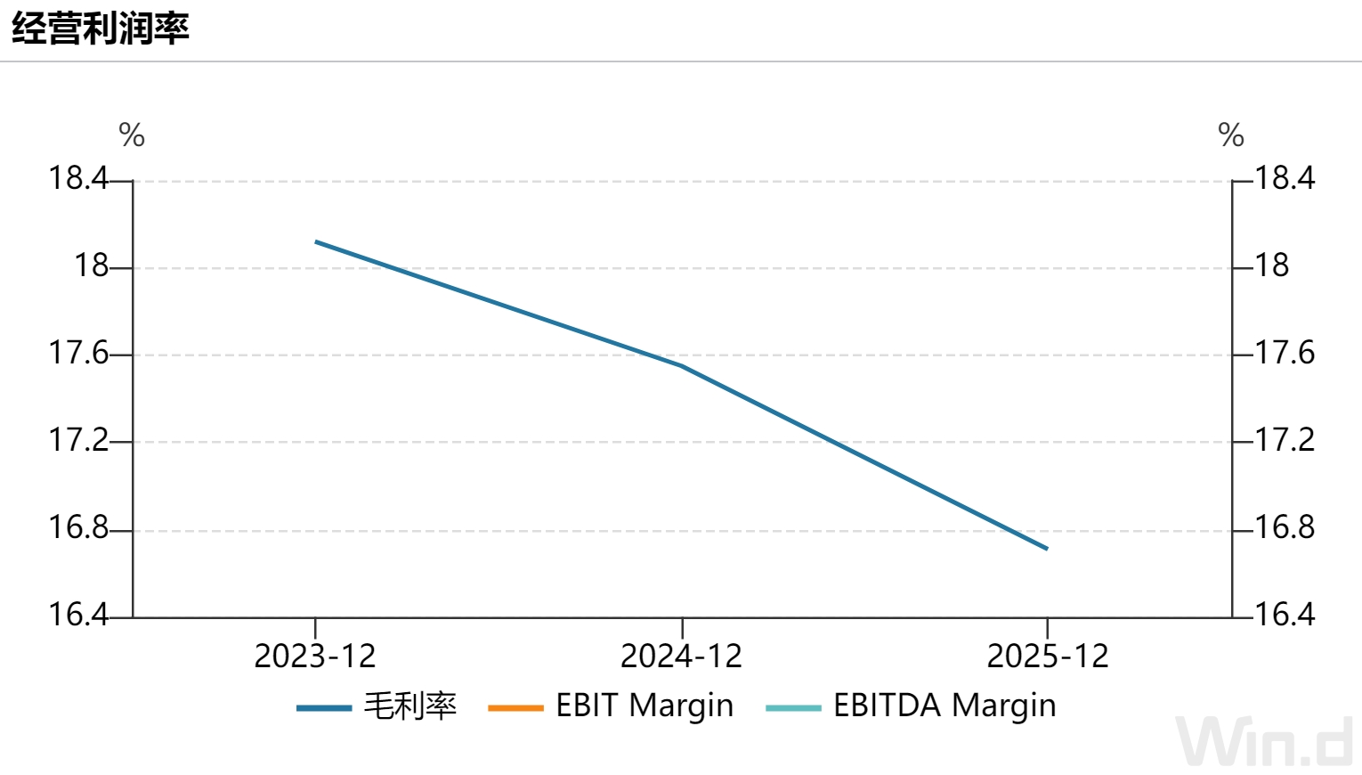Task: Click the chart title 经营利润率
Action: pos(101,28)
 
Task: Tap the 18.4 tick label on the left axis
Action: pos(77,178)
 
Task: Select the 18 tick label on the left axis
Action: pos(91,265)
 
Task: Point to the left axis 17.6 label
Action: pos(77,353)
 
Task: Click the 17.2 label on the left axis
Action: pos(77,440)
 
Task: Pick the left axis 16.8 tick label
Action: pos(77,527)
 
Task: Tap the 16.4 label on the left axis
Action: pos(77,615)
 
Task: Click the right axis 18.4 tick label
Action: pos(1285,178)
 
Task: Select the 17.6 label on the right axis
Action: pos(1285,353)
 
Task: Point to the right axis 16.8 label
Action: pos(1285,527)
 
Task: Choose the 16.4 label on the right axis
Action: pos(1285,615)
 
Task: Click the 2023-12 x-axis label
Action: pos(315,656)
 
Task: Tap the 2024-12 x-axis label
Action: pos(682,656)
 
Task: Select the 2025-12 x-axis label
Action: pos(1048,656)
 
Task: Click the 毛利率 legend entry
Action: pos(377,706)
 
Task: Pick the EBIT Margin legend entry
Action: pos(611,706)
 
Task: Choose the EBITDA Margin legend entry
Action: pos(911,706)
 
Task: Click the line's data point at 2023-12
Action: pos(315,241)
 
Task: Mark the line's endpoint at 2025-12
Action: pos(1047,549)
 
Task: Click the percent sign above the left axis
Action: pos(132,135)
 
